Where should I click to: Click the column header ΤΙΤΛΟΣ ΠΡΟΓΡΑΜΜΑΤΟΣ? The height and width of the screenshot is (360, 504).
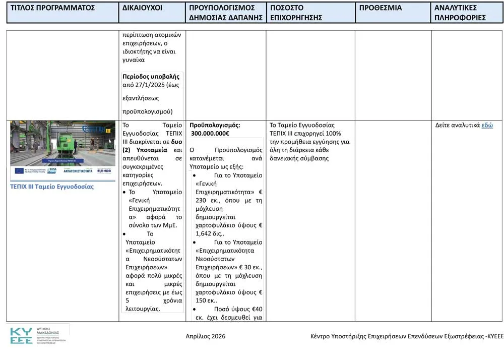point(53,8)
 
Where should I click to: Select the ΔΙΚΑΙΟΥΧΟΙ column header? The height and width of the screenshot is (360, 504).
point(142,8)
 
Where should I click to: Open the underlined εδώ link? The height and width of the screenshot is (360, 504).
point(487,126)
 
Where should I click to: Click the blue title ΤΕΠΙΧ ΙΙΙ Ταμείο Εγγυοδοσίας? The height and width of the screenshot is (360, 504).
point(52,187)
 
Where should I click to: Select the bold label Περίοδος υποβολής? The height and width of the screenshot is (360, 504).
point(151,77)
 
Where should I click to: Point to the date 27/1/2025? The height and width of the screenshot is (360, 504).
point(154,85)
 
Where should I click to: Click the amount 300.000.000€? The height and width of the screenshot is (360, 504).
point(211,134)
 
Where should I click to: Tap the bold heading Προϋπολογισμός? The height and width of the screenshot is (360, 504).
point(215,125)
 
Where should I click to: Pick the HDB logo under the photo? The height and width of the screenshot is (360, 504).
point(104,171)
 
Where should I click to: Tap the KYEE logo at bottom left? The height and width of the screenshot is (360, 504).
point(21,336)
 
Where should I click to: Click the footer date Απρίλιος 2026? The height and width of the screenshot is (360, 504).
point(206,336)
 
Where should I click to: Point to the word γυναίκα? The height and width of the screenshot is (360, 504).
point(134,60)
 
